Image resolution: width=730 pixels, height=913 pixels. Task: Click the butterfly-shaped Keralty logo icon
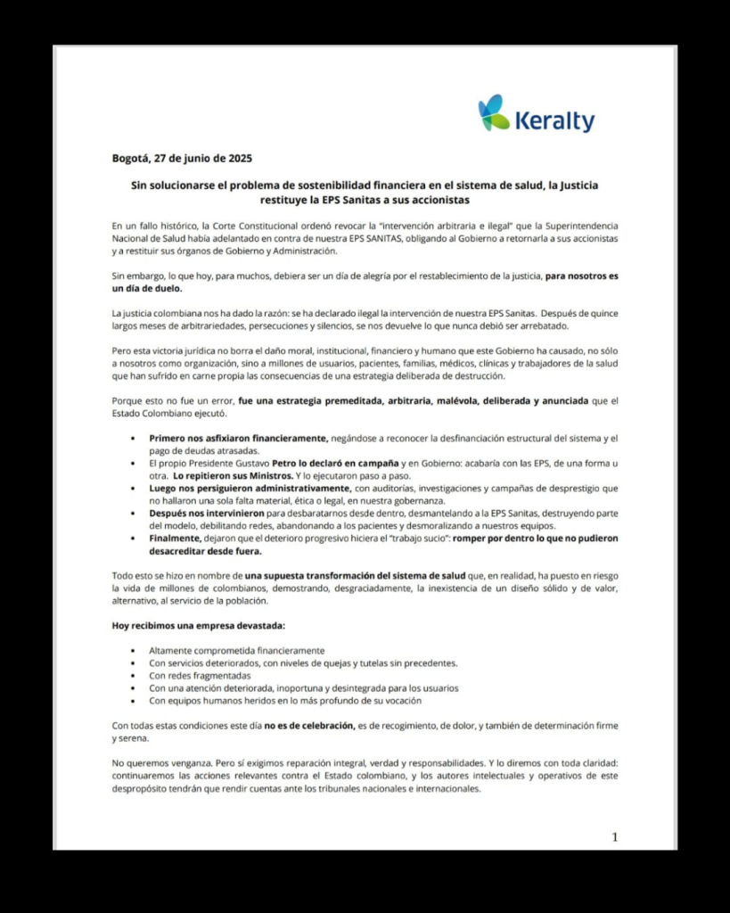[x=494, y=113]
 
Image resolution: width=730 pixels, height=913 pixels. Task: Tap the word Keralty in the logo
[x=554, y=120]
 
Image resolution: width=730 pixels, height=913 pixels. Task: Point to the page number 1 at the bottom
[x=614, y=836]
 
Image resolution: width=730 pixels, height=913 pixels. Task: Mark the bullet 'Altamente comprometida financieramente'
[x=236, y=650]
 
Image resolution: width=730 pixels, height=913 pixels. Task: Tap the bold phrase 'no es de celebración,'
[x=309, y=726]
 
